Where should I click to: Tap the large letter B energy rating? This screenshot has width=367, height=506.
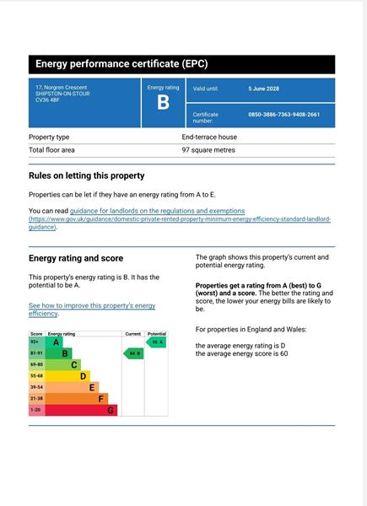[x=163, y=103]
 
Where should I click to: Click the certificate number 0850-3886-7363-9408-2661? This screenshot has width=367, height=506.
[x=283, y=115]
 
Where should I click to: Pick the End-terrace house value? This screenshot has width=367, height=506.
[x=209, y=137]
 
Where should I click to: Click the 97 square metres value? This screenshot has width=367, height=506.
[x=208, y=150]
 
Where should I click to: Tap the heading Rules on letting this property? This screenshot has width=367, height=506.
[x=87, y=175]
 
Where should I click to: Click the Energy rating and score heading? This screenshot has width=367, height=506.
[x=76, y=258]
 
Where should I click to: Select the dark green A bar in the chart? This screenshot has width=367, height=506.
[x=56, y=342]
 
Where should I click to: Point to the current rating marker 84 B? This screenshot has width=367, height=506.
[x=133, y=354]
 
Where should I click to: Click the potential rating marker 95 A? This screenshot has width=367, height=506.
[x=157, y=342]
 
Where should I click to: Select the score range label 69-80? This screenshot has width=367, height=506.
[x=36, y=365]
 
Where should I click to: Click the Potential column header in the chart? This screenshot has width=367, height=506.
[x=157, y=334]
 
